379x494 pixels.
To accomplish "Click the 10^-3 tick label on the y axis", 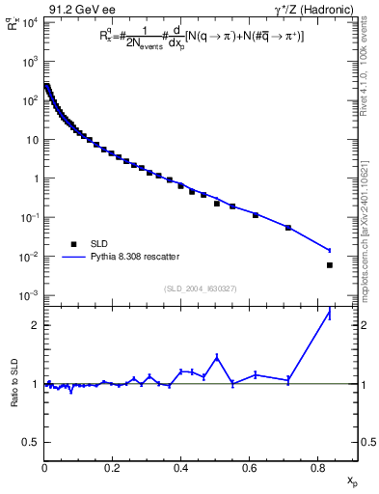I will tap(26, 295).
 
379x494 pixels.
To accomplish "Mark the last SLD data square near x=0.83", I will tap(330, 265).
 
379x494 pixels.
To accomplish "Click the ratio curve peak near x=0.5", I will tap(217, 356).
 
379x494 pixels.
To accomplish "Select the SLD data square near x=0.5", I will tap(217, 204).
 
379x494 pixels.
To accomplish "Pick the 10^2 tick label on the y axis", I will tap(26, 100).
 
